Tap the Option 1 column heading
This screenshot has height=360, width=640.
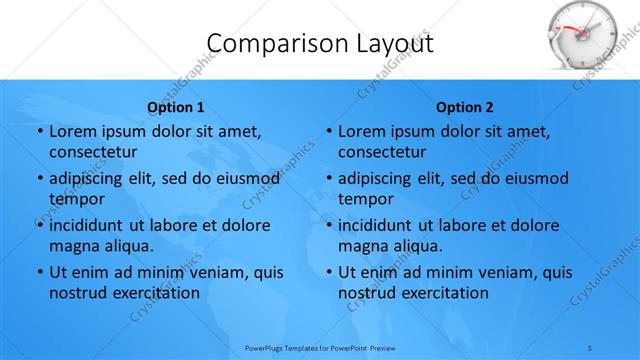click(x=176, y=107)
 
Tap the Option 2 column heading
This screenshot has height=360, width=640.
click(x=465, y=107)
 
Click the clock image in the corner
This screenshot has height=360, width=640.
click(x=585, y=36)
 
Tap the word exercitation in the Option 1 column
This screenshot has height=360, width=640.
click(x=151, y=293)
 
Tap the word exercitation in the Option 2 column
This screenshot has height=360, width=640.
click(x=440, y=293)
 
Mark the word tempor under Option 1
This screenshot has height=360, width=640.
click(x=76, y=199)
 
